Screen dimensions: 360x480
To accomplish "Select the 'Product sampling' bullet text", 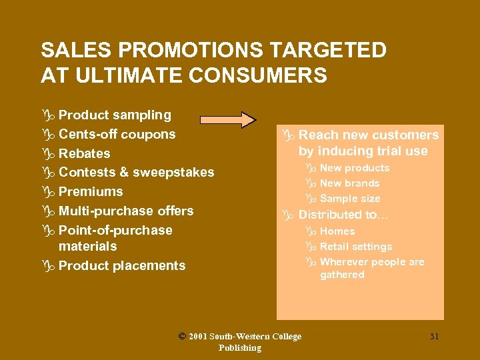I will (115, 115).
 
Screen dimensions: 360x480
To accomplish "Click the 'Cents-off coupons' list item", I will (117, 134).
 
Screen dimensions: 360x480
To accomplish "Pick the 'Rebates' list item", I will (84, 153).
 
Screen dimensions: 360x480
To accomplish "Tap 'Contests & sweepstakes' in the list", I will (136, 173).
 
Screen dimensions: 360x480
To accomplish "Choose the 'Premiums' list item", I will (91, 192).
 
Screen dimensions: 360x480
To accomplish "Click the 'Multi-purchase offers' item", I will (126, 211).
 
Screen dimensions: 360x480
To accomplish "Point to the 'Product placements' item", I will (122, 265).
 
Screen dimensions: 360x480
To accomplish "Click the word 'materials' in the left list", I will (87, 247).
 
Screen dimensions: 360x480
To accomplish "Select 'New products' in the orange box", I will (354, 168).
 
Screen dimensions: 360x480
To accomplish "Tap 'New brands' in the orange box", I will (349, 183).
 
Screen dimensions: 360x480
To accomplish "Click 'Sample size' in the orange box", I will (350, 199).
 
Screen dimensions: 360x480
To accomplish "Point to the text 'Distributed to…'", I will (343, 215).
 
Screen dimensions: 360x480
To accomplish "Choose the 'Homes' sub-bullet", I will (337, 231).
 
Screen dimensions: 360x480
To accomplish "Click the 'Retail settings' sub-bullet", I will (356, 247).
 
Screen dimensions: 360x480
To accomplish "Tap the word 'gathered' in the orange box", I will (342, 275).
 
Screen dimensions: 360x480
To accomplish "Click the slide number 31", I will (434, 337).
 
